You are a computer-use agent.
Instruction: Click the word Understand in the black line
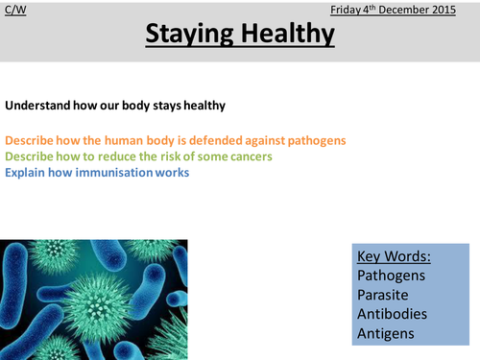[x=36, y=106]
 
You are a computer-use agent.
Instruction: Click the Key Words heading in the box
[x=394, y=257]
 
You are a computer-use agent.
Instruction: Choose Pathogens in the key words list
[x=391, y=276]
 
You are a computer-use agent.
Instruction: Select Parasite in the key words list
[x=385, y=295]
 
